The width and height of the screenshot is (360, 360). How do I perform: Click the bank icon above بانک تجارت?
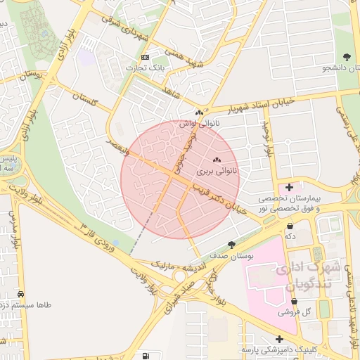tap(145, 57)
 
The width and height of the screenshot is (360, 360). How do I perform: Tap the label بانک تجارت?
tap(144, 67)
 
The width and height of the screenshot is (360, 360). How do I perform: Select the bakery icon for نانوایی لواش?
tap(200, 112)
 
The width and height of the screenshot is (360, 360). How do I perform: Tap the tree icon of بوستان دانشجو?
tap(346, 57)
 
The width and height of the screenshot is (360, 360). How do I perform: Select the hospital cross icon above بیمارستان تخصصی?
tap(289, 188)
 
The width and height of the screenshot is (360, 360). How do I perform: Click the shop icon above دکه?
tap(290, 226)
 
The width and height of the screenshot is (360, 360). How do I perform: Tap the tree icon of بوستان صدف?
tap(232, 245)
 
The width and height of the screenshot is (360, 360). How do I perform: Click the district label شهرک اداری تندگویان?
tap(308, 276)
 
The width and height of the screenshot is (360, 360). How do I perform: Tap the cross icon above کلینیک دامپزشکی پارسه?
tap(279, 338)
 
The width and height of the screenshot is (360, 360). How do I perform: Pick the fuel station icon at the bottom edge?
tap(146, 356)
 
